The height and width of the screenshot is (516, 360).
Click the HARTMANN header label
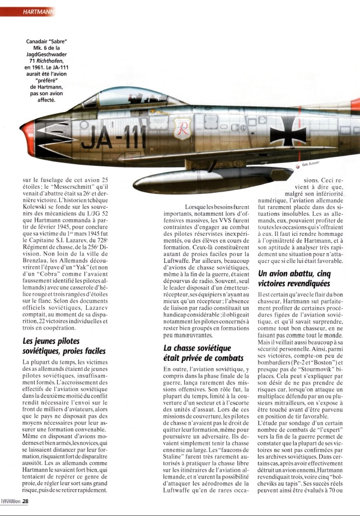tap(38, 11)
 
